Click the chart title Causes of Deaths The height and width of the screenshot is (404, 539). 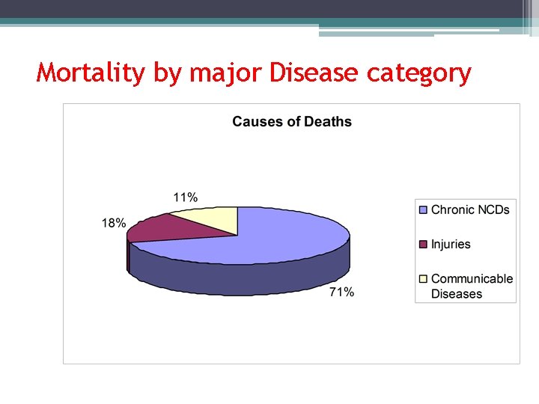tap(291, 122)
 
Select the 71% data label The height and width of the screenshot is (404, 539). tap(341, 293)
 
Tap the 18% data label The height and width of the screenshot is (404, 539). tap(114, 223)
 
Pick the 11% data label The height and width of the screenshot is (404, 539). tap(186, 198)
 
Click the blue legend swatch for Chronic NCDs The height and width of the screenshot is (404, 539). tap(423, 210)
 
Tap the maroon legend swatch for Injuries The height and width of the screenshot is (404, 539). tap(423, 245)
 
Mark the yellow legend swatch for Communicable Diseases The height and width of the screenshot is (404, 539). tap(423, 279)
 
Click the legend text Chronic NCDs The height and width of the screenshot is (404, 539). tap(470, 210)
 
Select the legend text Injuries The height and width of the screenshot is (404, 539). tap(451, 245)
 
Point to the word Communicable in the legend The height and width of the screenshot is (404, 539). tap(472, 278)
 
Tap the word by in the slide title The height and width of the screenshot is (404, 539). tap(168, 74)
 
